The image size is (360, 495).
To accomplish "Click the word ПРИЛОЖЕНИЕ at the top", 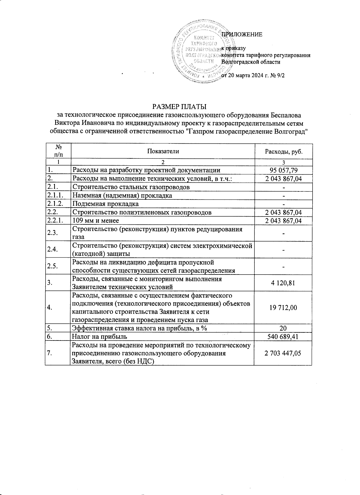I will pos(242,34).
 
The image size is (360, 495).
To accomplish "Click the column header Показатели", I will pos(163,151).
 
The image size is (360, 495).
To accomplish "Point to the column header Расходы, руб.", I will pos(283,151).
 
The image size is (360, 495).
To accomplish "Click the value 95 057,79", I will pos(283,170).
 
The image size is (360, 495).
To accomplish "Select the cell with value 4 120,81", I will pos(283,283).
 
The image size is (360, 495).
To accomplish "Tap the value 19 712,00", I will pos(283,307).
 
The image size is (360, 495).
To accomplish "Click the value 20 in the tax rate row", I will pos(283,328).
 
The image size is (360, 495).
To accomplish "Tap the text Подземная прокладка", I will pos(106,204).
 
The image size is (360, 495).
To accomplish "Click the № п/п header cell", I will pos(59,151).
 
